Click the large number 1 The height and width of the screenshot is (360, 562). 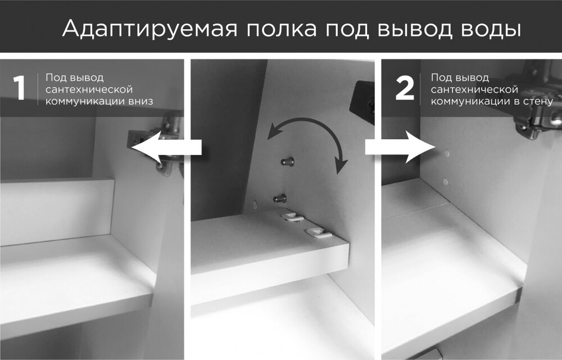click(x=20, y=88)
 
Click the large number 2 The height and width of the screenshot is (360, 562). click(x=405, y=88)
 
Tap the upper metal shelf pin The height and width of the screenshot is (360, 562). click(x=288, y=162)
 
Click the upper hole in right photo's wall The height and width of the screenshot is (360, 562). click(x=446, y=152)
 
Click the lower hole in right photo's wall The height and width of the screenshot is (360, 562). click(x=445, y=181)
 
